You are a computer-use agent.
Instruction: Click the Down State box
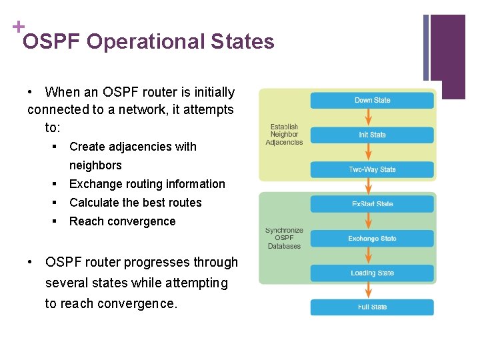point(372,100)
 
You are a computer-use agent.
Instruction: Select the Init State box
point(372,135)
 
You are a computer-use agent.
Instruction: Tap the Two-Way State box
point(372,169)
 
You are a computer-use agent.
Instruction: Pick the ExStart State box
point(372,203)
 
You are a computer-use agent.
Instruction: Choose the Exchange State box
point(372,238)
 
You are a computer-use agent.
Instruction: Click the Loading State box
point(372,273)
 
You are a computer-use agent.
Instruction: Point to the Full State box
point(372,307)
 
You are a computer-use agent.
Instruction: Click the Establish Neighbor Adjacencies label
point(284,135)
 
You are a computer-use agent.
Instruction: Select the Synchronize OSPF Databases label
point(284,238)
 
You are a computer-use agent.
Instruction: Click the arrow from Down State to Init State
point(372,117)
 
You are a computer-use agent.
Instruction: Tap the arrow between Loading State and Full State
point(372,290)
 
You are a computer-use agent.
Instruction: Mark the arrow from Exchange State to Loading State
point(372,255)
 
